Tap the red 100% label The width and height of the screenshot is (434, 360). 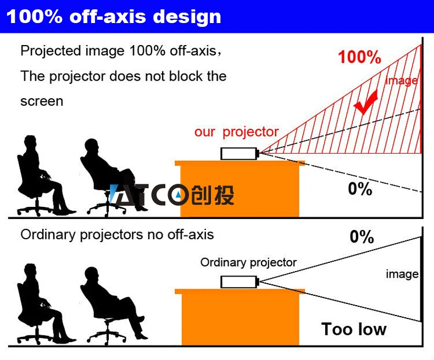pyautogui.click(x=359, y=57)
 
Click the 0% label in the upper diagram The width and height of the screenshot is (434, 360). pyautogui.click(x=360, y=189)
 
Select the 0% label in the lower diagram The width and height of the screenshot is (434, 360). pyautogui.click(x=362, y=237)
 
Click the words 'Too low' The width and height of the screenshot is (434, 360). pyautogui.click(x=354, y=329)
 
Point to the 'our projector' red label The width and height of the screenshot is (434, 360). pyautogui.click(x=236, y=132)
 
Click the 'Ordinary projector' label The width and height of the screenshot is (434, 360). pyautogui.click(x=248, y=262)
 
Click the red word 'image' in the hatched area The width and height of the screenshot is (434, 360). pyautogui.click(x=402, y=81)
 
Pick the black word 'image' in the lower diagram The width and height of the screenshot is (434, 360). pyautogui.click(x=402, y=274)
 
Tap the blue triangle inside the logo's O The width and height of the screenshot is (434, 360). pyautogui.click(x=178, y=195)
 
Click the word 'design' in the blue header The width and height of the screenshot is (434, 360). pyautogui.click(x=187, y=17)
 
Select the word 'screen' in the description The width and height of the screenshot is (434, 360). pyautogui.click(x=42, y=101)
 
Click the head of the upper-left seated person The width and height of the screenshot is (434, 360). pyautogui.click(x=30, y=142)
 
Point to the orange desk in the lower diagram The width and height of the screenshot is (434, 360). pyautogui.click(x=240, y=317)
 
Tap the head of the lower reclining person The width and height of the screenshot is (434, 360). pyautogui.click(x=91, y=274)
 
